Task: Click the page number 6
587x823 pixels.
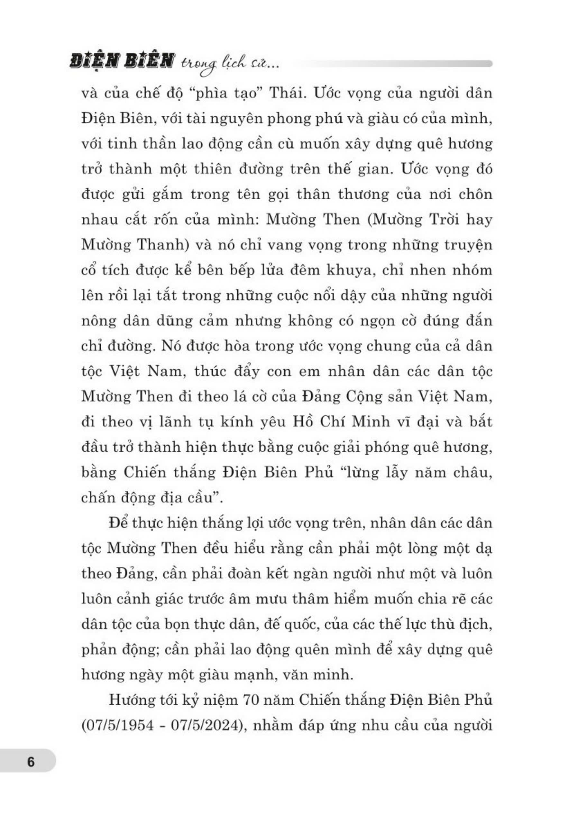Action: pos(31,762)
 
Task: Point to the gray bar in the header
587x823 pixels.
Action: pos(394,64)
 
